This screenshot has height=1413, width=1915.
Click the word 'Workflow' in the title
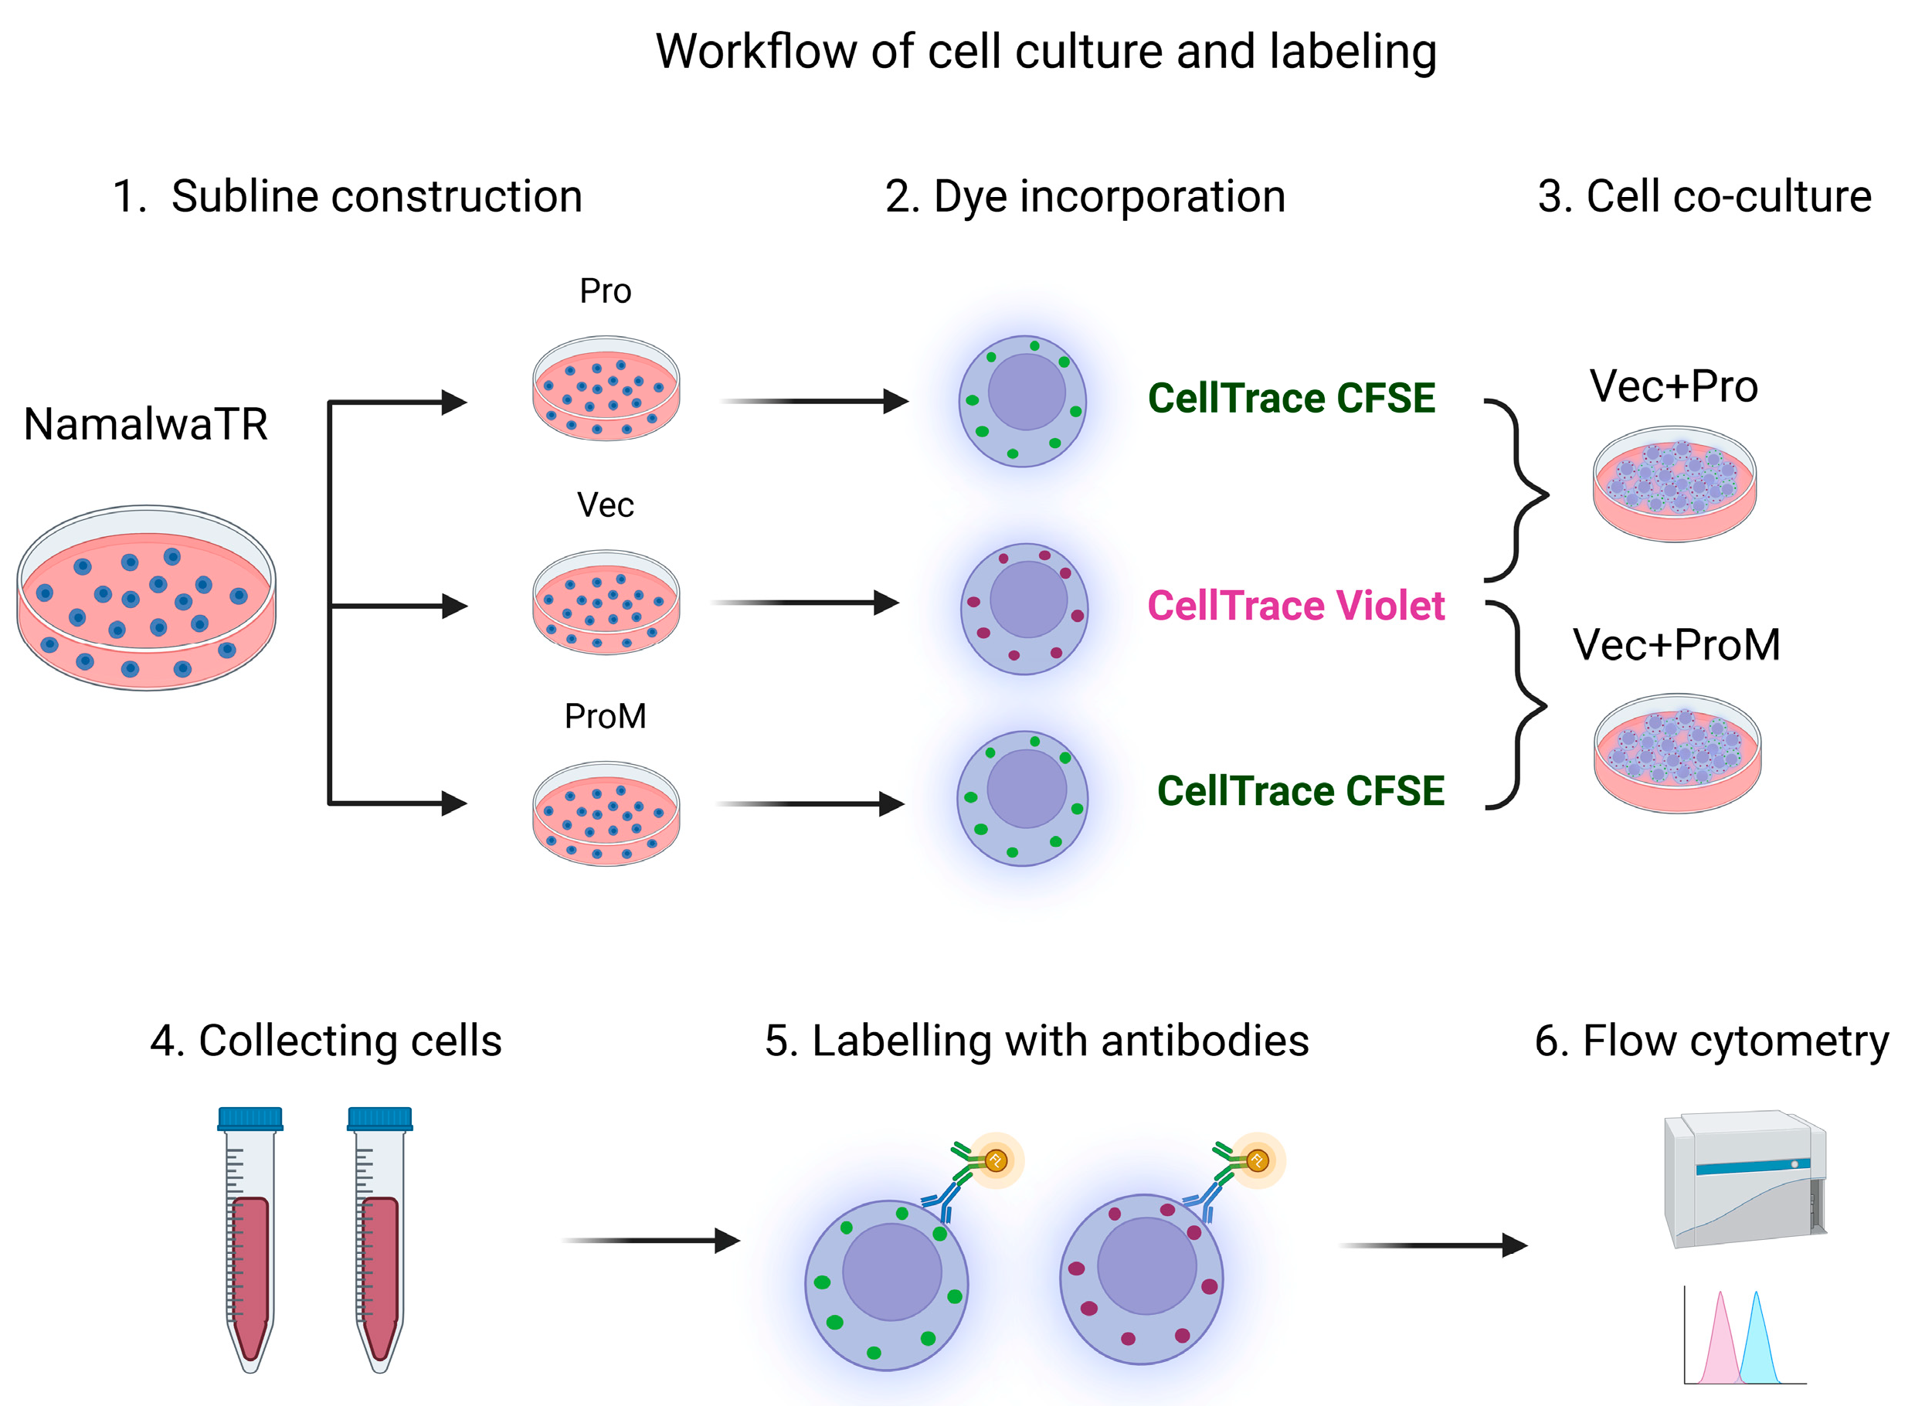[x=755, y=51]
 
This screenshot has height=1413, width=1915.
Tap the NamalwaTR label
[x=145, y=425]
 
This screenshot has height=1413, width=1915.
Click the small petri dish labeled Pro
[x=606, y=390]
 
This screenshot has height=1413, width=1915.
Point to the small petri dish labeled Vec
[x=606, y=604]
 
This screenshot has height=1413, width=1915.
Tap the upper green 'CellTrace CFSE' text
[x=1292, y=399]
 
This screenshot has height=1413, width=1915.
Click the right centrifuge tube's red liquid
[x=381, y=1275]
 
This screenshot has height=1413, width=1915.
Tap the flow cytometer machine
[x=1745, y=1180]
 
